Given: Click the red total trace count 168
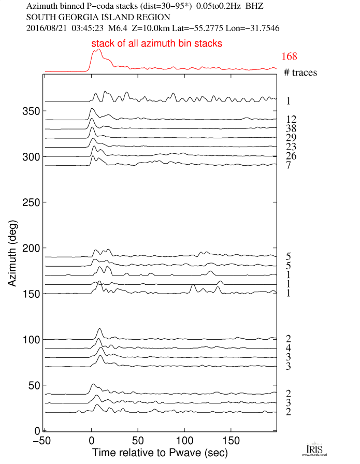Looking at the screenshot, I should click(290, 56).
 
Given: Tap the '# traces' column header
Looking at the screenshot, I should click(300, 72).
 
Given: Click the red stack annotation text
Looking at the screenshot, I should click(157, 44).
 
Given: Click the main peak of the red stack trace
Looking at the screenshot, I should click(98, 50).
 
